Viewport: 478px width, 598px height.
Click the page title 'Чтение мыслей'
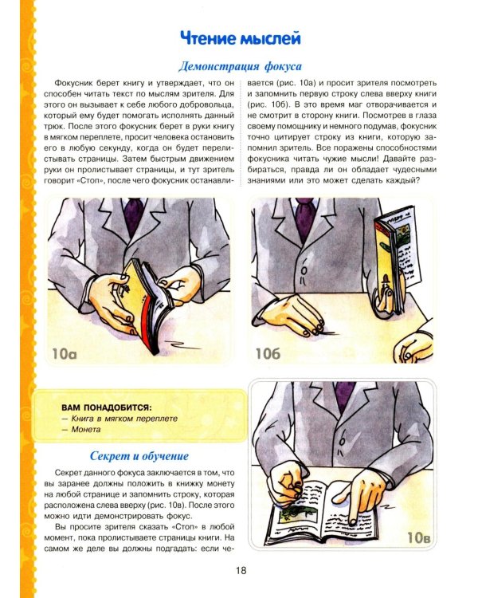coord(238,37)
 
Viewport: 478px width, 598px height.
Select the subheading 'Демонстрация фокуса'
coord(238,66)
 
